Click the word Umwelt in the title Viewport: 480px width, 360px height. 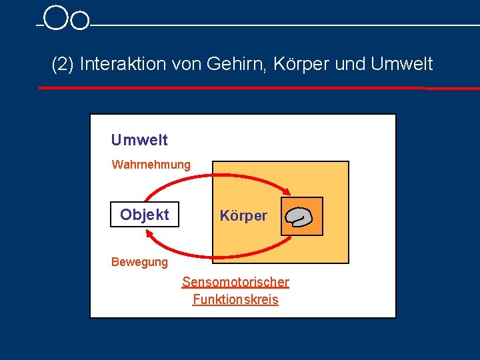click(402, 65)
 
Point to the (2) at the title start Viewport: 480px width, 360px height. click(63, 65)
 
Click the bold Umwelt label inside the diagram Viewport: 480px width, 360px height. click(139, 140)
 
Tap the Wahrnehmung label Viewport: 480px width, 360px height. click(151, 164)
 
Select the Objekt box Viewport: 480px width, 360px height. click(145, 215)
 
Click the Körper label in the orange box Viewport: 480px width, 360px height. click(243, 216)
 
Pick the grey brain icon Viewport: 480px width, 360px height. click(298, 217)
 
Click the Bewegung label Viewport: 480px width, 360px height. click(139, 262)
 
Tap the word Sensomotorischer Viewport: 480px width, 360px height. click(235, 282)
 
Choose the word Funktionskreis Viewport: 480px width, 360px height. click(235, 300)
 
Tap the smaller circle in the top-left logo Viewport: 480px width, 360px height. click(79, 21)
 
